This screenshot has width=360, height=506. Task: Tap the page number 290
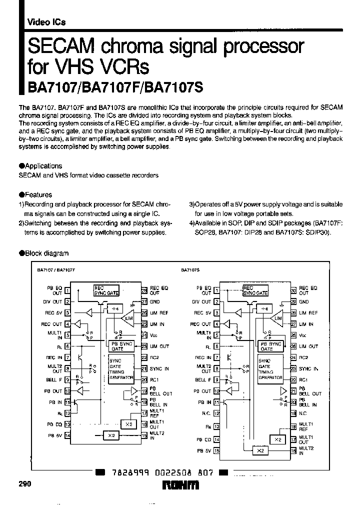[24, 484]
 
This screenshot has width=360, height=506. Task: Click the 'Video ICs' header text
[45, 22]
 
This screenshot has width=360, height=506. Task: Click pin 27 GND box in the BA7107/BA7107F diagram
[144, 301]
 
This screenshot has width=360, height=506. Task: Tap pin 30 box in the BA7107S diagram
[293, 290]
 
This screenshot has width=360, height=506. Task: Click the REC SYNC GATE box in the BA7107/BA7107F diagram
[106, 290]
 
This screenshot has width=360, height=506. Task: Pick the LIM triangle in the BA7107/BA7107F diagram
[128, 318]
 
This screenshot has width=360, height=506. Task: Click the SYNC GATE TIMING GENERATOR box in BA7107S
[270, 369]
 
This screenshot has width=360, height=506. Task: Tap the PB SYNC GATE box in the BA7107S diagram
[270, 346]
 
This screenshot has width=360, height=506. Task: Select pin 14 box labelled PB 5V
[67, 435]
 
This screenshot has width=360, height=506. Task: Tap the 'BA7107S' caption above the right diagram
[190, 269]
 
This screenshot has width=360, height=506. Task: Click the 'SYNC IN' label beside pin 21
[159, 368]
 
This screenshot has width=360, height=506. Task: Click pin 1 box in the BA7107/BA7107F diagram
[67, 290]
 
